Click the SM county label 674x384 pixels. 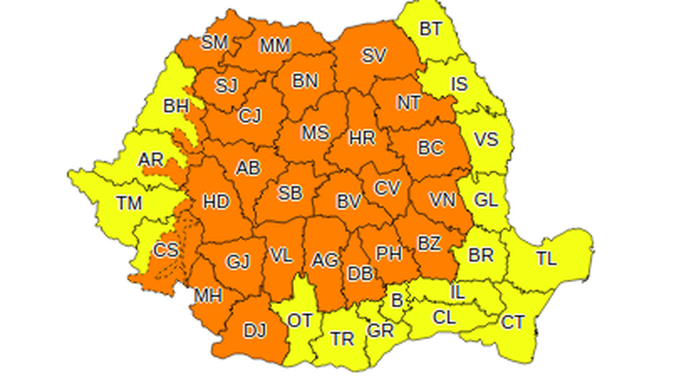tap(216, 42)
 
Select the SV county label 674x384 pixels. tap(373, 56)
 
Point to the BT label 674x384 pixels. tap(431, 29)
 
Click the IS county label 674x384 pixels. tap(458, 84)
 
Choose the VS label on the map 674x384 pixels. tap(485, 140)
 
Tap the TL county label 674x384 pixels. tap(546, 259)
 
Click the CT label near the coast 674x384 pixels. tap(512, 322)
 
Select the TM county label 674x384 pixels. tap(130, 203)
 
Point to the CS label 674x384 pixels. tap(165, 250)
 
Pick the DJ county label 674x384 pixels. tap(254, 332)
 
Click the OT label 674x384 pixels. tap(300, 321)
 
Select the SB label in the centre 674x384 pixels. tap(290, 193)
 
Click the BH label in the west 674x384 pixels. tap(176, 107)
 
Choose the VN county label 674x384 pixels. tap(441, 200)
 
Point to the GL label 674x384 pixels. tap(486, 200)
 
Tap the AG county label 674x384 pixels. tap(324, 260)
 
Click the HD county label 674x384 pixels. tap(217, 202)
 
